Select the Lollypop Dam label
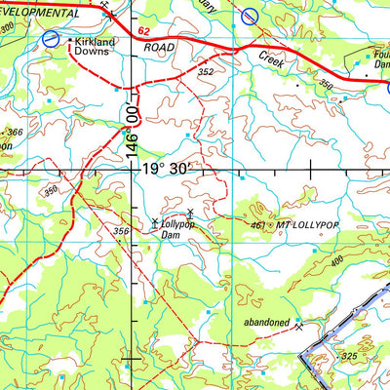[x=173, y=229]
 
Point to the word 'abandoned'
[x=267, y=322]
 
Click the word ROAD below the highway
[x=162, y=47]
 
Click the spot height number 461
[x=258, y=225]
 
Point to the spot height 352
[x=204, y=70]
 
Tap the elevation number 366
[x=14, y=133]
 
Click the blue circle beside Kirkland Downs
[x=51, y=39]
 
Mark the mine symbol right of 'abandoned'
[x=299, y=323]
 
